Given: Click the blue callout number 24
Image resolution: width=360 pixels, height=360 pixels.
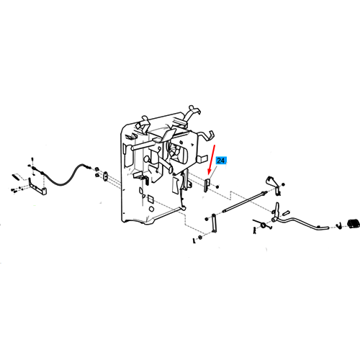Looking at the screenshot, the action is tap(221, 161).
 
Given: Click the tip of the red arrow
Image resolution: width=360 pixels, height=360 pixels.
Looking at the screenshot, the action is tap(208, 175).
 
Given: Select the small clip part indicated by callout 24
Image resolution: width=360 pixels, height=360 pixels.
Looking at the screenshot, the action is tap(207, 185).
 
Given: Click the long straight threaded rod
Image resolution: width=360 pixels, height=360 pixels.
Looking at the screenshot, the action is tap(245, 202).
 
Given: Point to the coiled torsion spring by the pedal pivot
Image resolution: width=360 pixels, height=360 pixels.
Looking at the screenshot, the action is tap(263, 225).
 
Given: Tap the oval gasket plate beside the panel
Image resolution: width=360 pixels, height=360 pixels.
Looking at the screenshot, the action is tap(105, 176).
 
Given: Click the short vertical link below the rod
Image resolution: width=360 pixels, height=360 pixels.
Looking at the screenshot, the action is tap(214, 223).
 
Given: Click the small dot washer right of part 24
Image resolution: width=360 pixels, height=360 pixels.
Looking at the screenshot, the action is tap(217, 186).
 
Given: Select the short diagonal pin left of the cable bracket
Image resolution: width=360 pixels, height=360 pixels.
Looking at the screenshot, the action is tap(15, 176).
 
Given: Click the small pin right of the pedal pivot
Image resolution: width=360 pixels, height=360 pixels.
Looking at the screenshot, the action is tap(286, 213).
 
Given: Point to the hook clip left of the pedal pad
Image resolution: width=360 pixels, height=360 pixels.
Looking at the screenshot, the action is tap(339, 225).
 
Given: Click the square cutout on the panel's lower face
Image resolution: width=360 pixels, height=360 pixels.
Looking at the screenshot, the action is tap(150, 199).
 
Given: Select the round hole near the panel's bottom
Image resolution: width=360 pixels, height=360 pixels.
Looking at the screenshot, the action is tap(151, 209).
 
